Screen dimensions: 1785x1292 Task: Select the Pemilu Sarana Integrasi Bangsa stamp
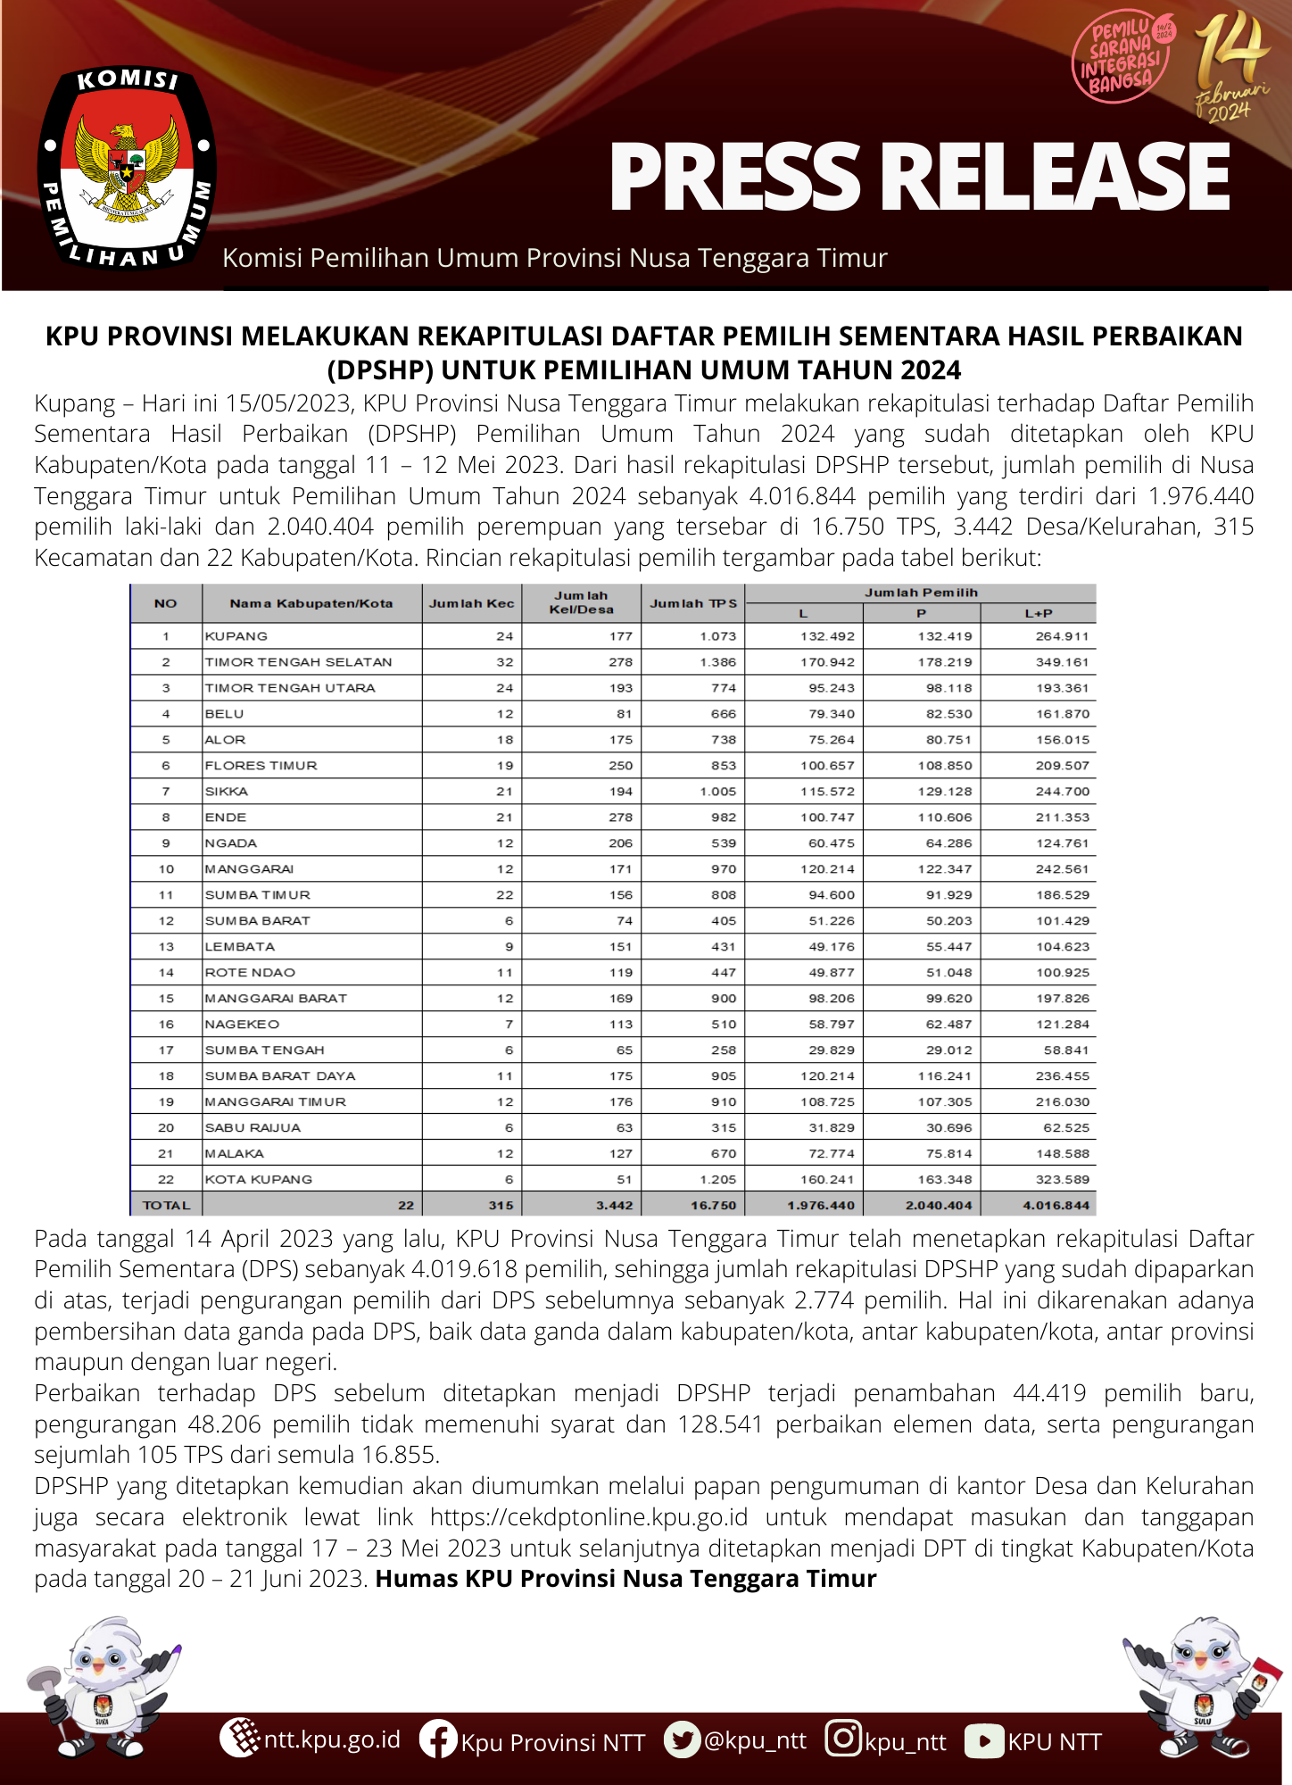click(x=1122, y=58)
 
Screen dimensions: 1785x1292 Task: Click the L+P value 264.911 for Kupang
click(x=1062, y=636)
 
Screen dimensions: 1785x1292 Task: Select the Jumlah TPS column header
click(x=693, y=603)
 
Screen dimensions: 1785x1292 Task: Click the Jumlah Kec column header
click(x=471, y=603)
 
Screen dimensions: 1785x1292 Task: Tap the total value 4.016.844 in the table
click(x=1056, y=1206)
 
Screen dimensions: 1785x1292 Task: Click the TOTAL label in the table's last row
click(x=166, y=1206)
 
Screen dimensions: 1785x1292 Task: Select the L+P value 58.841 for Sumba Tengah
click(x=1066, y=1050)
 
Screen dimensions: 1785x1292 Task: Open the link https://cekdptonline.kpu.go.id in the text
click(x=589, y=1517)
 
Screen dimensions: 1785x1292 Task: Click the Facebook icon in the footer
click(x=438, y=1739)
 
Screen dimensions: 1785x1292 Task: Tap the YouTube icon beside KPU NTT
click(x=984, y=1741)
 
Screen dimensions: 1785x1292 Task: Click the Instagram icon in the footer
click(x=843, y=1739)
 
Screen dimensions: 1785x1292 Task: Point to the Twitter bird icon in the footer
click(x=683, y=1739)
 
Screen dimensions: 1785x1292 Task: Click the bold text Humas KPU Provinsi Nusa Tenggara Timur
click(x=625, y=1579)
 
